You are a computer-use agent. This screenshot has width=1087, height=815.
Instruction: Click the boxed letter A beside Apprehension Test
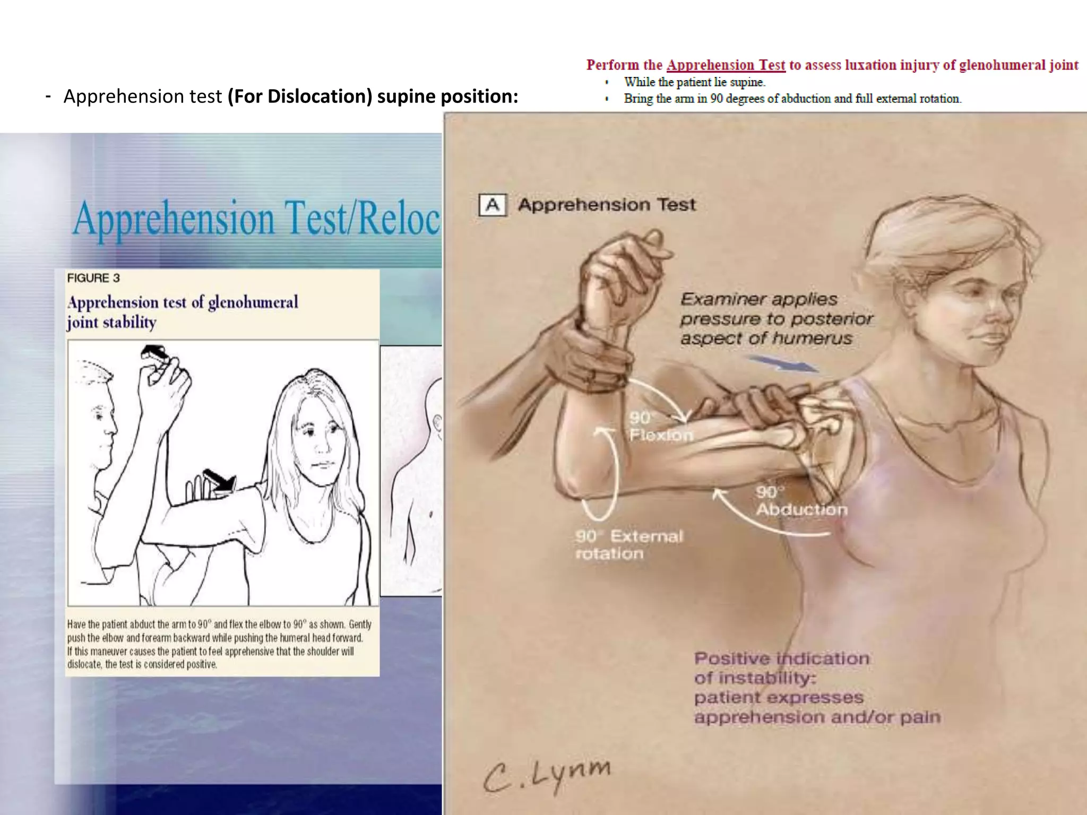click(493, 205)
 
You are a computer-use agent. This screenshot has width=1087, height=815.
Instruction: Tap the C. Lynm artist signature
click(547, 775)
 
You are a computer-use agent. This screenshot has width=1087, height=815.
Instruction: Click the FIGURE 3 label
click(93, 278)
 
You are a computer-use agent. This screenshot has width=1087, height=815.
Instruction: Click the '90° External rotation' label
click(629, 544)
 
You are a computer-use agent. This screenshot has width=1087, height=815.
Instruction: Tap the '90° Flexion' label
click(660, 427)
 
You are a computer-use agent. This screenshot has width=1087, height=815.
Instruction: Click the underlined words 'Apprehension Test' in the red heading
click(726, 65)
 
